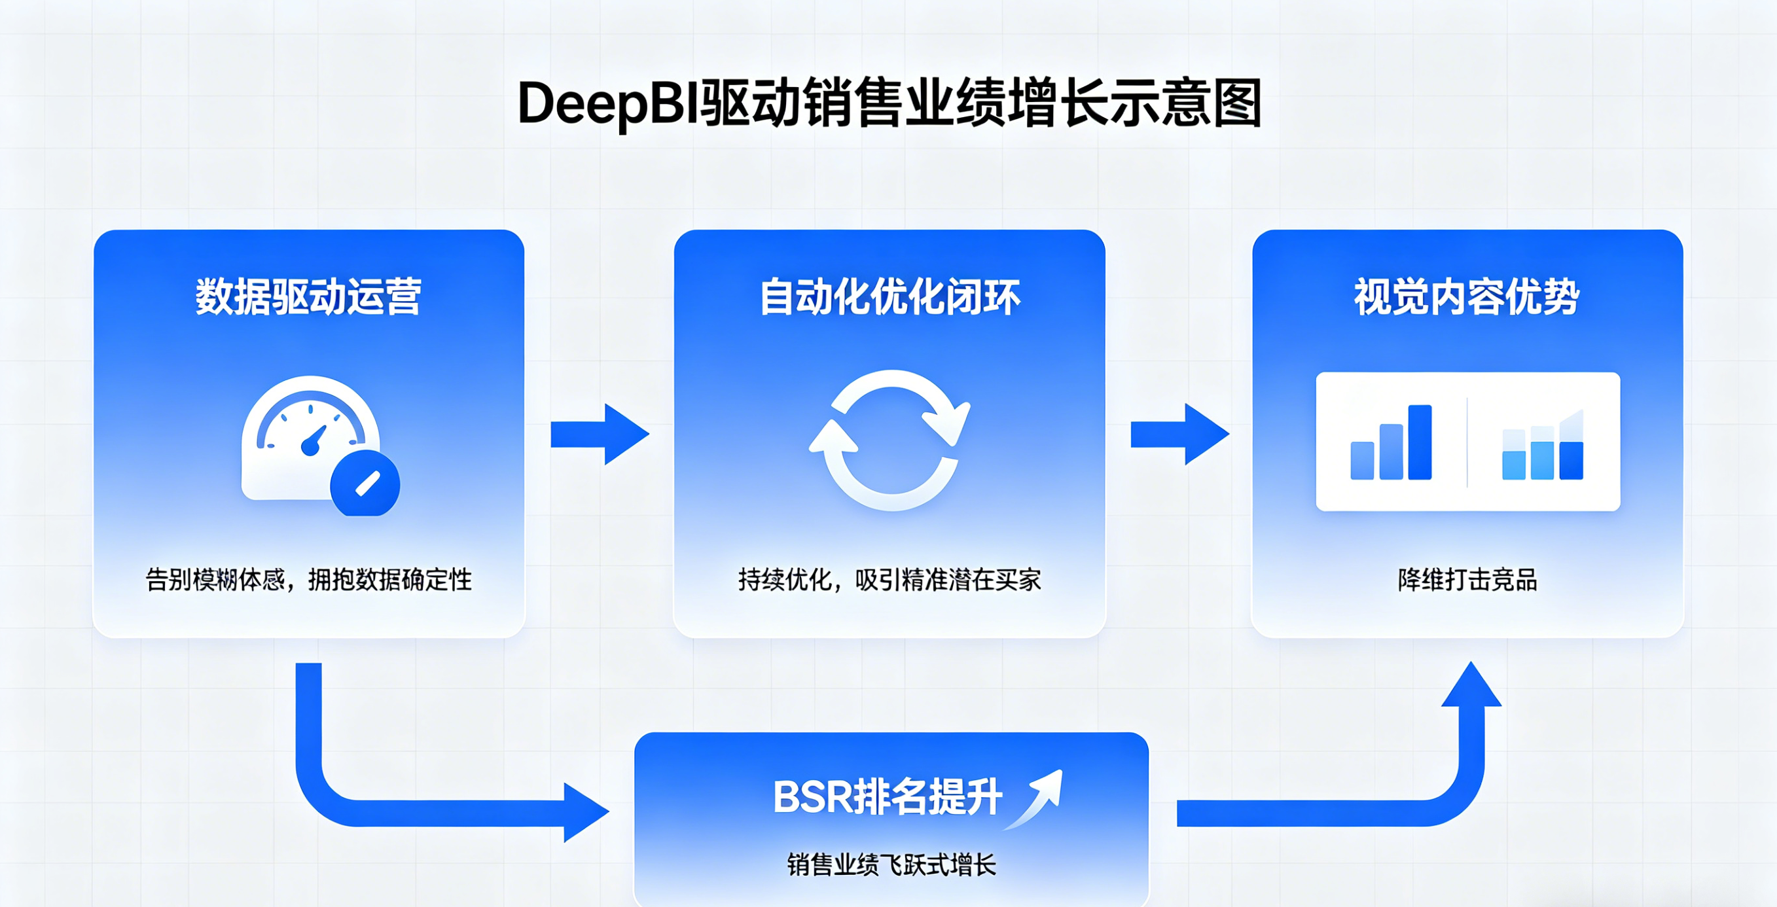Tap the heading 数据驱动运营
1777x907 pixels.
click(308, 297)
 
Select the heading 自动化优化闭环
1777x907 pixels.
click(890, 297)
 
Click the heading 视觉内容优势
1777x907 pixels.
click(1467, 297)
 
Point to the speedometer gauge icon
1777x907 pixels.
click(310, 438)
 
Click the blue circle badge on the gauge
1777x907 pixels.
click(366, 484)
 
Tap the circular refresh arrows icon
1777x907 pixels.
click(890, 440)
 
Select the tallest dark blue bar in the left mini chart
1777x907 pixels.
click(1420, 442)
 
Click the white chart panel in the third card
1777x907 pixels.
click(1468, 442)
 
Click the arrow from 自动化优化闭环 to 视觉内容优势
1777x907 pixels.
click(1179, 435)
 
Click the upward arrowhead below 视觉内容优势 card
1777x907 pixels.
click(1471, 686)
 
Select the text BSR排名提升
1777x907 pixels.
click(887, 797)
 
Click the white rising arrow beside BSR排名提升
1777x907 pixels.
click(1038, 797)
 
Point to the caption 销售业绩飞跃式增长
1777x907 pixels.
click(891, 865)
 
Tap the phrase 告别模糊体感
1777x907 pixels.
click(215, 580)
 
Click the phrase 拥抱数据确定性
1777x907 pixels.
click(389, 580)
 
